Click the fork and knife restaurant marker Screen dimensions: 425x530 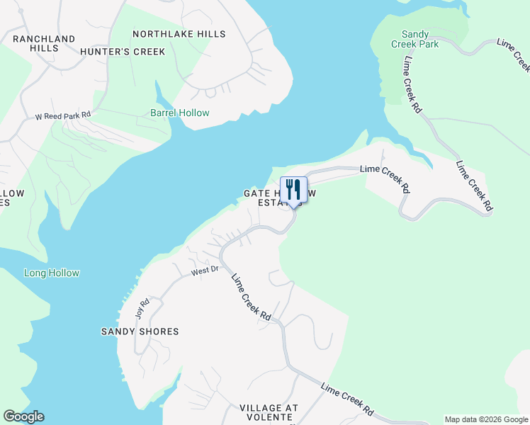293,190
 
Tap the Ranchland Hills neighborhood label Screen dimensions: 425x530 44,43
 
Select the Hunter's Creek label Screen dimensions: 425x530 123,52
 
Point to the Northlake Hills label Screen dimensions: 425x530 179,34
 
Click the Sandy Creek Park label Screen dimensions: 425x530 420,39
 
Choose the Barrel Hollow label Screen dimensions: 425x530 179,113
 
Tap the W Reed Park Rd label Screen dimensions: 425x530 64,115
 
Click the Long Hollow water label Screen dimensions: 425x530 52,273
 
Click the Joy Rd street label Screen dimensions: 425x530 139,308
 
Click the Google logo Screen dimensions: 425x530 23,416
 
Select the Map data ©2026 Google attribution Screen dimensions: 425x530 485,419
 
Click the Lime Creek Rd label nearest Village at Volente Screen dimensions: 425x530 347,399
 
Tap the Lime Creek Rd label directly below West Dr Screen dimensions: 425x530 252,297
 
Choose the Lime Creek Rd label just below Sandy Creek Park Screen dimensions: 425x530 412,85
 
